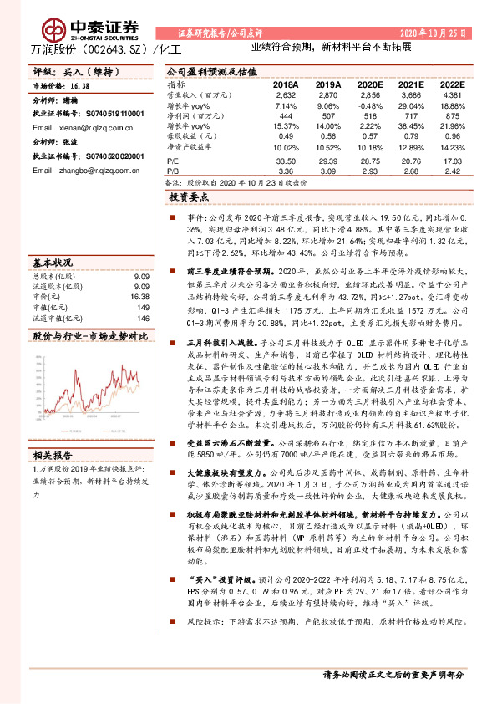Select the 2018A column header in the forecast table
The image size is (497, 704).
285,85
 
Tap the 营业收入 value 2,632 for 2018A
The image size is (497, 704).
286,95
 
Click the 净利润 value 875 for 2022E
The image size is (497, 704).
452,115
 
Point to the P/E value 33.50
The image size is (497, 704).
286,160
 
